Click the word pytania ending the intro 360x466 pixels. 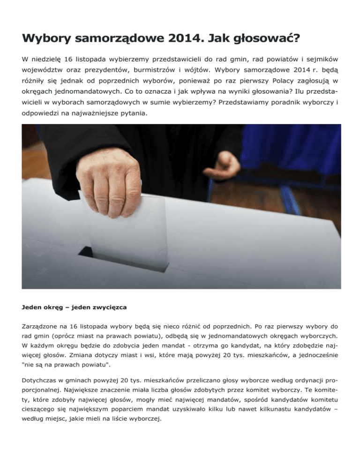coord(127,127)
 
